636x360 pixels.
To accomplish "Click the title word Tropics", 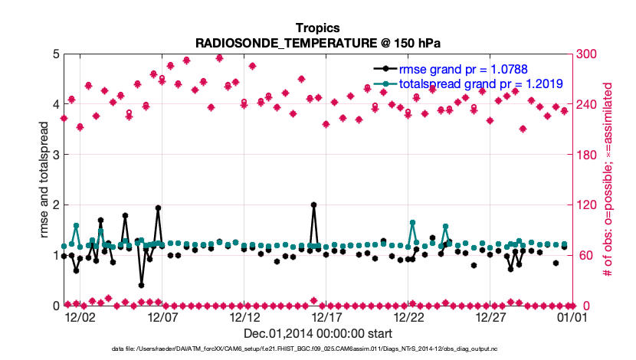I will [x=318, y=28].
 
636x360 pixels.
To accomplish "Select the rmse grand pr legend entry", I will [x=468, y=69].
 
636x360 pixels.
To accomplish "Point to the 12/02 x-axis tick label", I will [x=80, y=317].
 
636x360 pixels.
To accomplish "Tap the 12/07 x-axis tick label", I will [x=162, y=317].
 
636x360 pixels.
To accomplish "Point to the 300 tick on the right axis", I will [x=588, y=54].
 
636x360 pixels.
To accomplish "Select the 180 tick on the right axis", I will [x=588, y=155].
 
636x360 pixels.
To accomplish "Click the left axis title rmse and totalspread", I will [x=44, y=179].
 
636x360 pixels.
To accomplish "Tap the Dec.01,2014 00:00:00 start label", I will [x=318, y=334].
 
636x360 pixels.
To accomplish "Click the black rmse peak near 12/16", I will [x=314, y=205].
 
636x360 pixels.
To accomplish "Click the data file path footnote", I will [x=318, y=349].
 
